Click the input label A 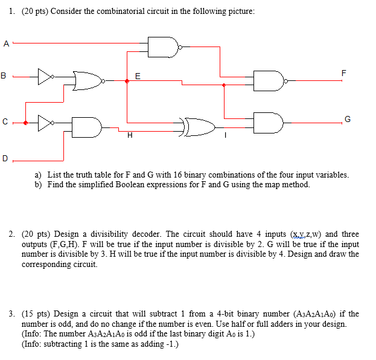pos(6,43)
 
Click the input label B pos(5,76)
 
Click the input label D pos(5,159)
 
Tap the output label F pos(344,73)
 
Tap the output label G pos(347,118)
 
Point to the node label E pos(138,76)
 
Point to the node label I pos(225,136)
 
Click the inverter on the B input pos(45,77)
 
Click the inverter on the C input pos(45,123)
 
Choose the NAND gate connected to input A pos(164,47)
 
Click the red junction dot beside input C pos(25,123)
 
